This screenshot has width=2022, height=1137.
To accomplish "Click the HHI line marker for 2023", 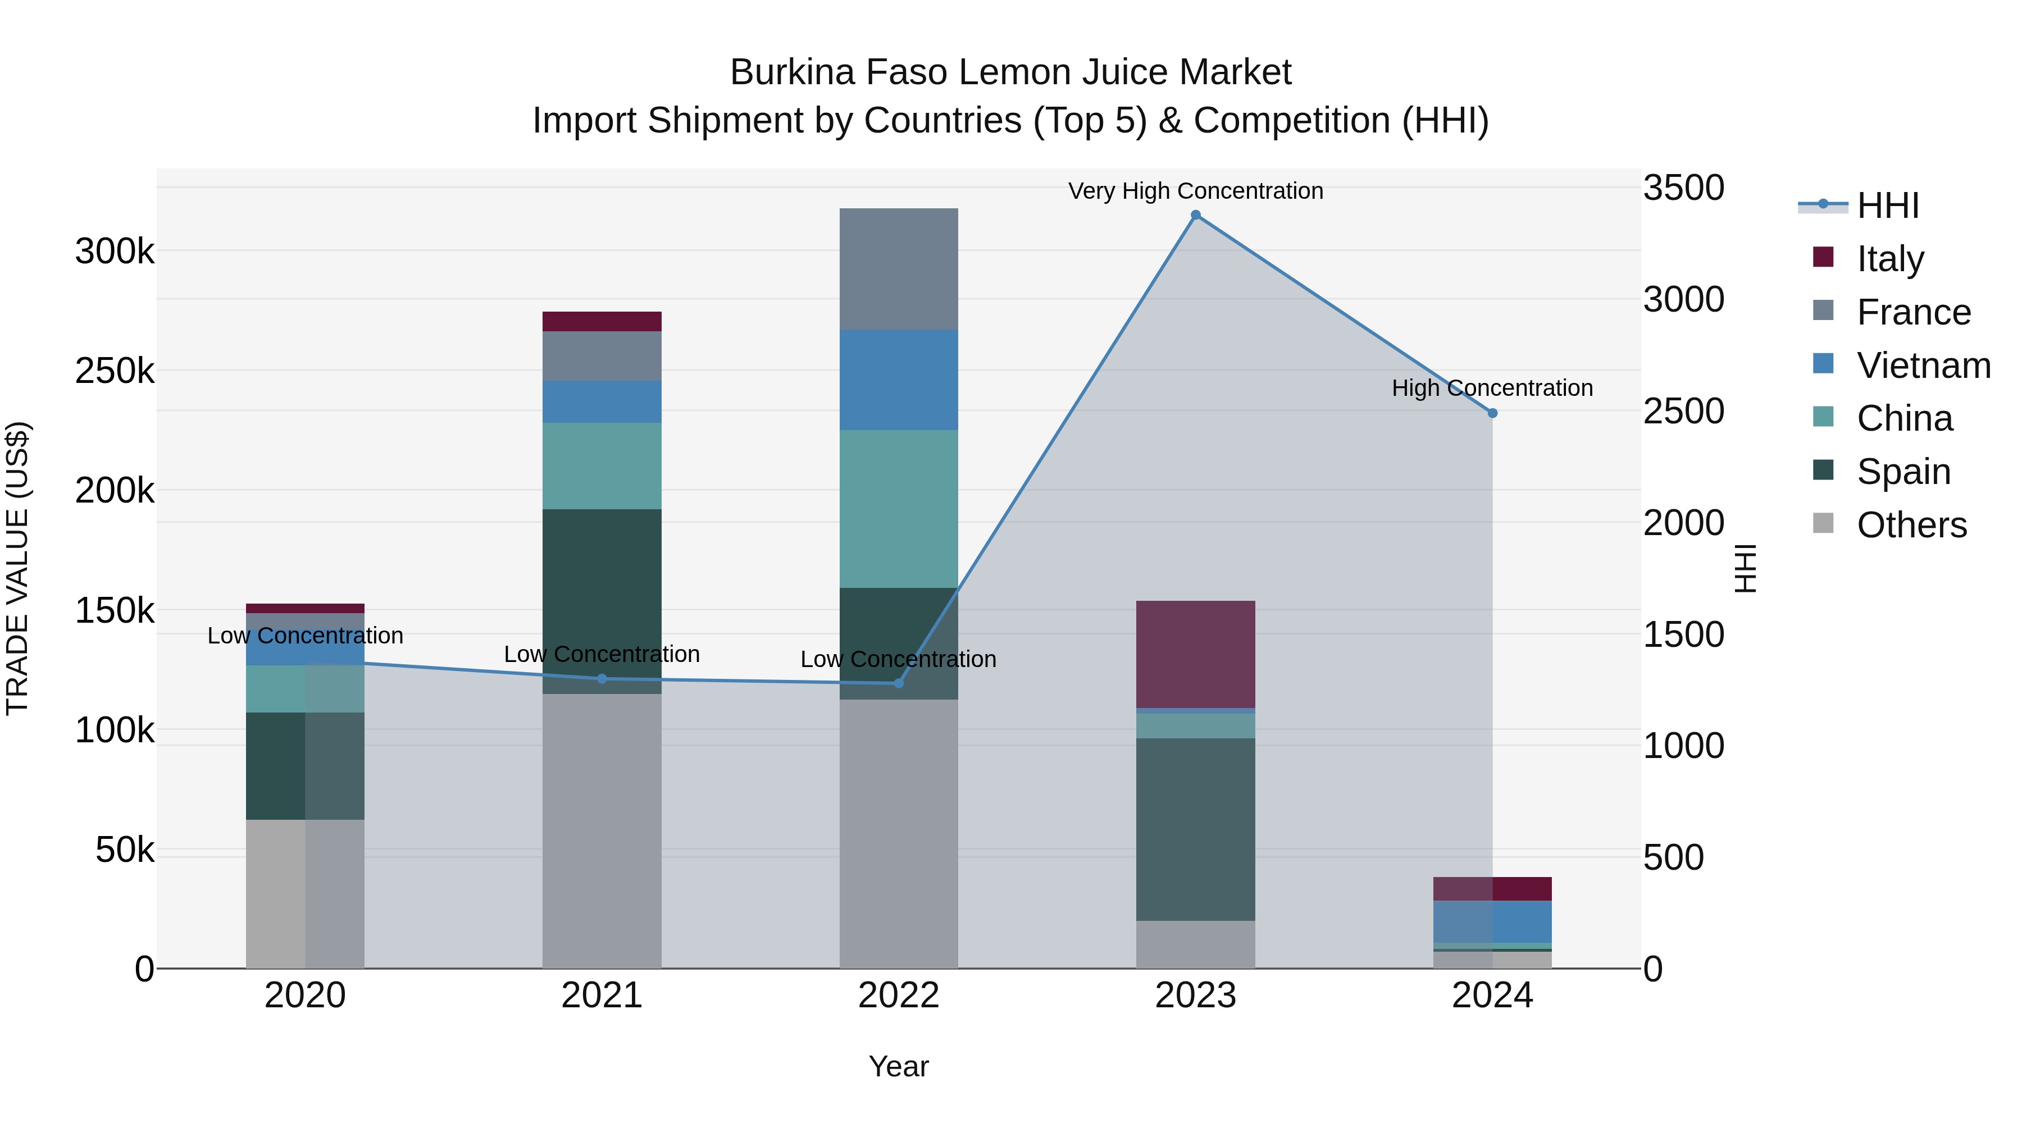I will coord(1195,215).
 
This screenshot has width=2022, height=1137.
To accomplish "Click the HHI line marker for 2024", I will coord(1492,413).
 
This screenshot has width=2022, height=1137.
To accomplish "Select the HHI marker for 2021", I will coord(602,679).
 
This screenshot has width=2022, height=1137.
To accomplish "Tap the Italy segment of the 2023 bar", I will coord(1195,655).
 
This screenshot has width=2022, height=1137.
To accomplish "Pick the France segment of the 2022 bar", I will coord(899,268).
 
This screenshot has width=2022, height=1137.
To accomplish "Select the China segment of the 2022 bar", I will coord(899,509).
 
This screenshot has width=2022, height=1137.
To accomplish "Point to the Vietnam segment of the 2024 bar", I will coord(1492,921).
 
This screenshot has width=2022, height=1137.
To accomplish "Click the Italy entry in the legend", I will coord(1890,258).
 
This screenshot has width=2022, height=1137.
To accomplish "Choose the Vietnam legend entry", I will coord(1923,365).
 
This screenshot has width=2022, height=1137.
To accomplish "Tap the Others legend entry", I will coord(1911,525).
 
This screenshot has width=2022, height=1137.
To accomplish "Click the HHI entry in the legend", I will coord(1888,206).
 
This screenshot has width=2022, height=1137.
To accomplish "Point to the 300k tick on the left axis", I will coord(115,252).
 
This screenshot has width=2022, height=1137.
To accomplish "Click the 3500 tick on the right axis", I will coord(1684,188).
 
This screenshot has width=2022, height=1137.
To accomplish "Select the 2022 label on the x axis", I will coord(899,995).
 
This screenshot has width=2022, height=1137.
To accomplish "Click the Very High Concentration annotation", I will coord(1195,191).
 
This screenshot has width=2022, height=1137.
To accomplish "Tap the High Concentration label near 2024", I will coord(1492,387).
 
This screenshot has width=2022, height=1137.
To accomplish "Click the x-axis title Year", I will coord(899,1066).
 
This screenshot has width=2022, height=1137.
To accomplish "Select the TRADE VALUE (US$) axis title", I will coord(17,568).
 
